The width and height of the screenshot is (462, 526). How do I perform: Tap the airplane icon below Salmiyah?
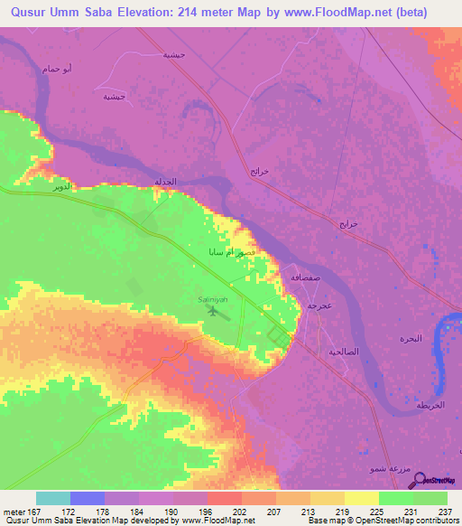(214, 311)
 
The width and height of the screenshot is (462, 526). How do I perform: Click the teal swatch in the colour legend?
(53, 498)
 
